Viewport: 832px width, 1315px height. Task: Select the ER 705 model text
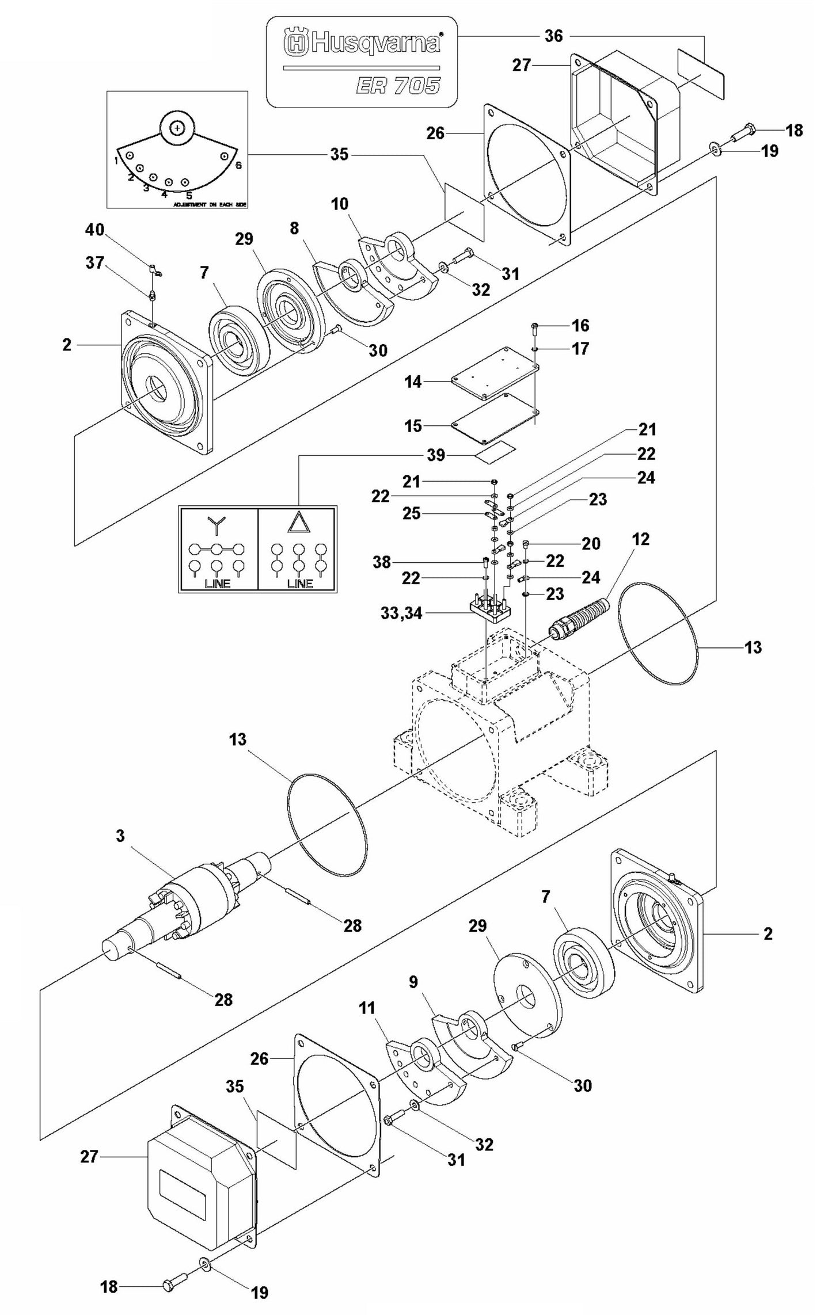[398, 86]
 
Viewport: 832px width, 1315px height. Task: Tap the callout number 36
[554, 36]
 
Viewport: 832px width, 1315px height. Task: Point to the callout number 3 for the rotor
[120, 836]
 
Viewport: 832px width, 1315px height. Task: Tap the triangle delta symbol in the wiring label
[298, 523]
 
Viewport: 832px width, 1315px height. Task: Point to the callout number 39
[436, 455]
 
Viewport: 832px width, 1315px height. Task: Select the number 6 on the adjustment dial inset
[238, 165]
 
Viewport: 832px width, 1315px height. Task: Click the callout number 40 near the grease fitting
[95, 230]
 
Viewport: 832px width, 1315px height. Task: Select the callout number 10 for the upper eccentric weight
[340, 204]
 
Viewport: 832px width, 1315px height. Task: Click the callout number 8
[294, 228]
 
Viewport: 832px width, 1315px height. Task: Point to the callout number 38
[382, 562]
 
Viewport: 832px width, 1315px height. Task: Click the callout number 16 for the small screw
[580, 326]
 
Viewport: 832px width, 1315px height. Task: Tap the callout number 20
[591, 543]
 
